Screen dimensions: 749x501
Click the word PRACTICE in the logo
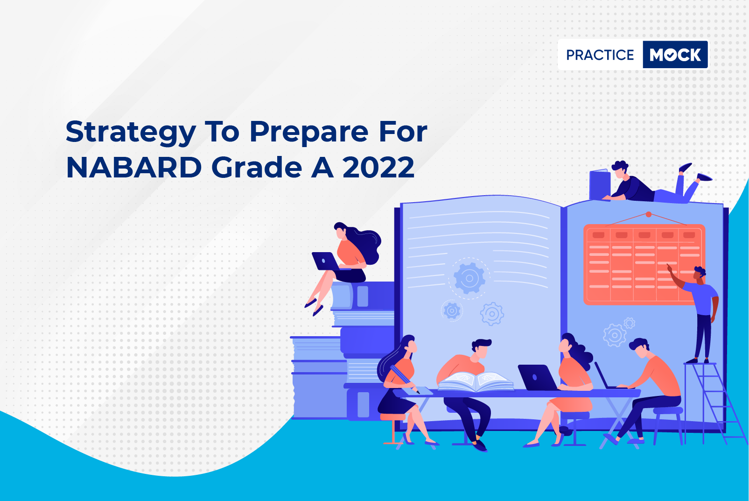(600, 55)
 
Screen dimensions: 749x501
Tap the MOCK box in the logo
(675, 55)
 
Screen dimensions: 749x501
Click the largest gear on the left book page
(469, 278)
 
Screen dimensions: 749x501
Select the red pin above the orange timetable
(648, 214)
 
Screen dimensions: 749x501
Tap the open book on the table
(476, 381)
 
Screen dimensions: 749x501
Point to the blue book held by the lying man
(600, 184)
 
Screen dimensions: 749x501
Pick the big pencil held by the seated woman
(404, 379)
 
